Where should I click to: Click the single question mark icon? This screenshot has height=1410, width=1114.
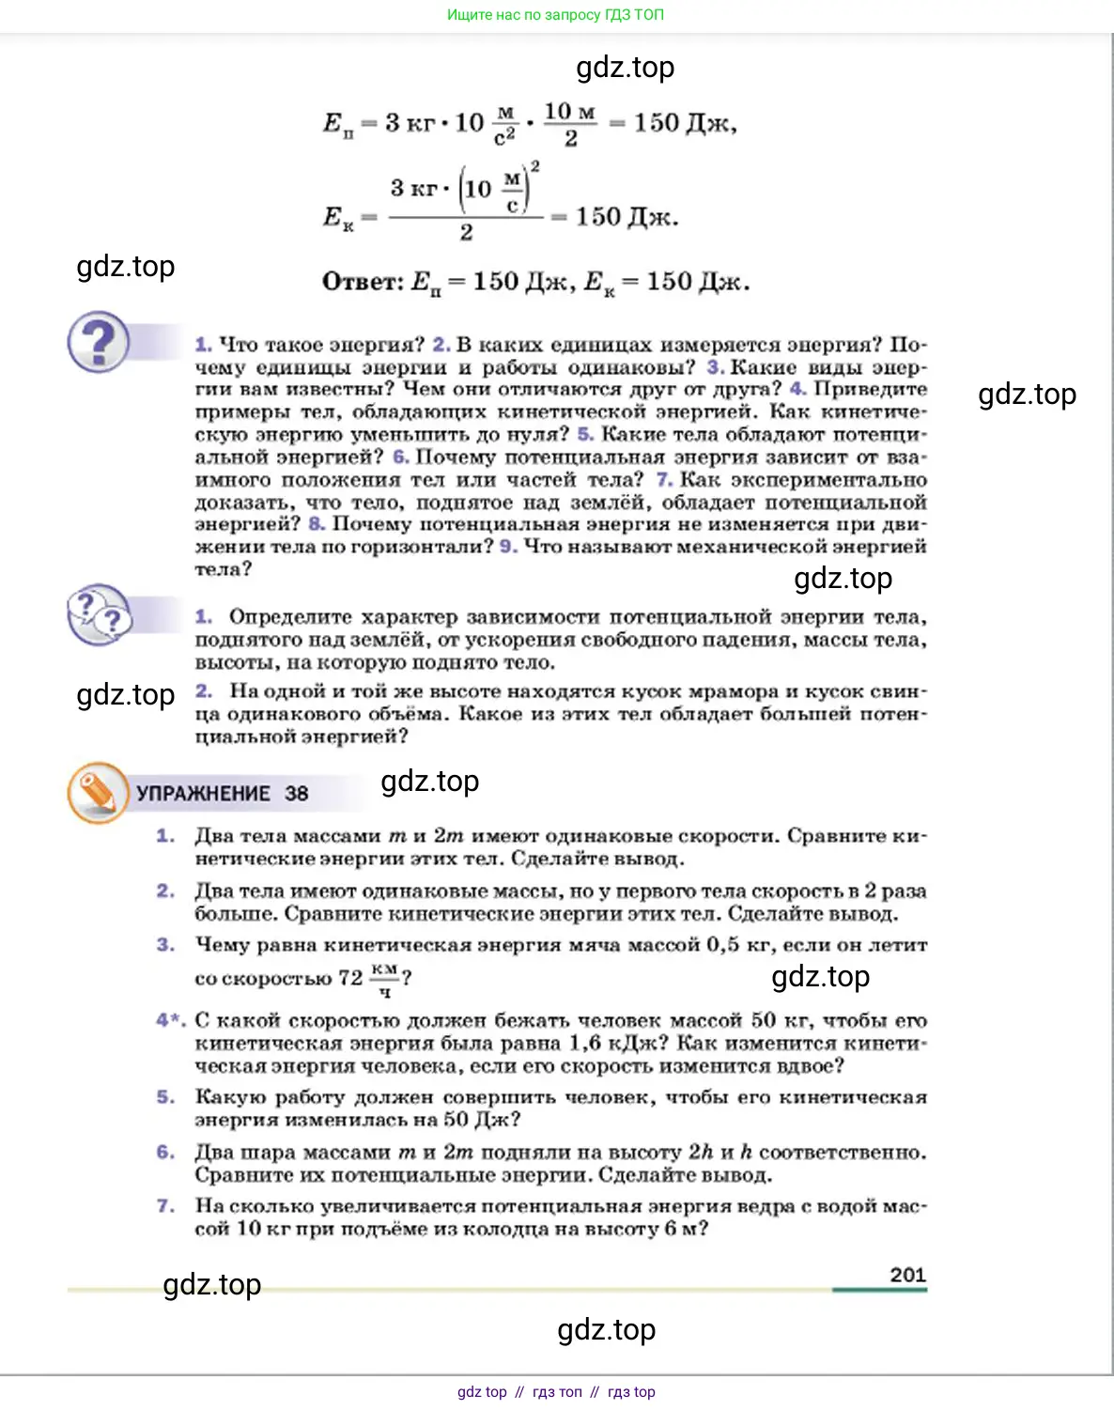click(x=99, y=342)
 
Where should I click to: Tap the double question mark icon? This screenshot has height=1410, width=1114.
click(x=99, y=615)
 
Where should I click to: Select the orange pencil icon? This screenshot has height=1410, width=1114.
click(x=97, y=793)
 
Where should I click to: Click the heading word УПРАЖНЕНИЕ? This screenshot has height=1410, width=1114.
click(x=203, y=794)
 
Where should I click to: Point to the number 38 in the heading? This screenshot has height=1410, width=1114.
click(x=297, y=794)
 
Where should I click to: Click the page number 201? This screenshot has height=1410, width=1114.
click(x=907, y=1275)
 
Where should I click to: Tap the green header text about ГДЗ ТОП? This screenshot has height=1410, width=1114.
click(x=555, y=15)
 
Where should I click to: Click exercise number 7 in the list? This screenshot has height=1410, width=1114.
click(x=165, y=1205)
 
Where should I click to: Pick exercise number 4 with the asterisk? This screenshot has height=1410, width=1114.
click(x=170, y=1020)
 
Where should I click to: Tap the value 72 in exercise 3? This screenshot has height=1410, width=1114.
click(x=350, y=978)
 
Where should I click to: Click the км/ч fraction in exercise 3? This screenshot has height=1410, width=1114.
click(x=385, y=979)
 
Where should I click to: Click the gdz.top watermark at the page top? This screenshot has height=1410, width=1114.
click(x=625, y=68)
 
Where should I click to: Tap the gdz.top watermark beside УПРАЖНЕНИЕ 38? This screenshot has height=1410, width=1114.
click(x=429, y=782)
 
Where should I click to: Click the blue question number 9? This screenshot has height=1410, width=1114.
click(x=508, y=547)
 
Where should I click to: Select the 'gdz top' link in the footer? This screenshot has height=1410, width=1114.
click(x=482, y=1392)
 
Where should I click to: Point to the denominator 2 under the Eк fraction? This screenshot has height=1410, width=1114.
click(x=466, y=233)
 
